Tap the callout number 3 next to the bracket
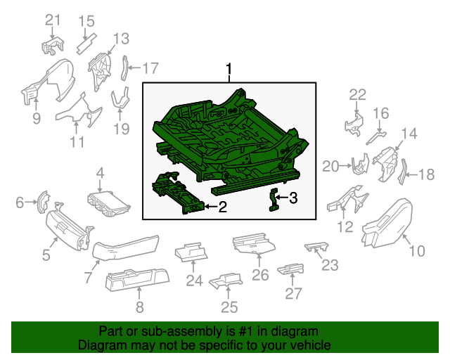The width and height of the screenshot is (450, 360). pyautogui.click(x=294, y=199)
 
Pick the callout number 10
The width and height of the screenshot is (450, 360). pyautogui.click(x=417, y=250)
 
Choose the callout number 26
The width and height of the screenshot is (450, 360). pyautogui.click(x=260, y=274)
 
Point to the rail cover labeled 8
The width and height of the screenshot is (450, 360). pyautogui.click(x=137, y=282)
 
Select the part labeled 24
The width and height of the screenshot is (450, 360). pyautogui.click(x=192, y=250)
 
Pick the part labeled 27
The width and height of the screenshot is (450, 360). pyautogui.click(x=290, y=269)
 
